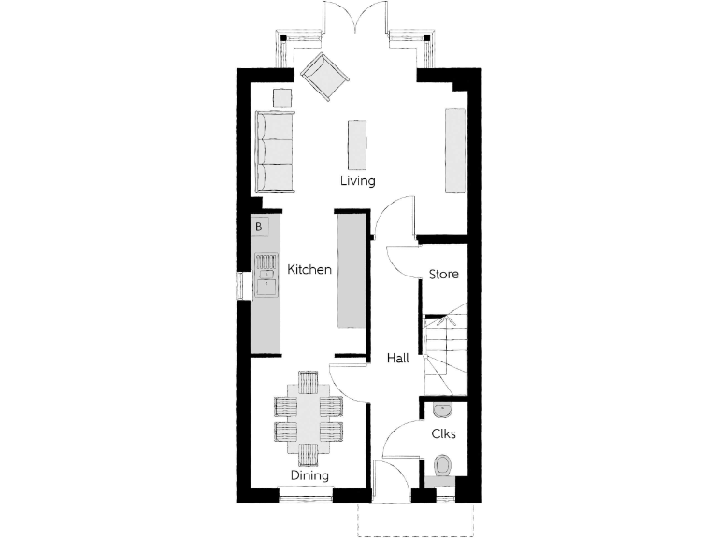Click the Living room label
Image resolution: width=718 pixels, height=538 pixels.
[358, 180]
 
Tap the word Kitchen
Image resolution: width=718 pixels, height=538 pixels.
[309, 270]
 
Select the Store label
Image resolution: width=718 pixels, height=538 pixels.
[443, 274]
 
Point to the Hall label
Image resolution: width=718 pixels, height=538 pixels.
[400, 358]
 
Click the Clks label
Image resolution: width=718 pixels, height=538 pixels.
[443, 433]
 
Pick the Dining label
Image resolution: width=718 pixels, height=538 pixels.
[309, 475]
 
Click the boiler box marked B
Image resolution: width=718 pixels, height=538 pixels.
[260, 225]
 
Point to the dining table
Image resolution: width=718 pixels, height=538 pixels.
[309, 418]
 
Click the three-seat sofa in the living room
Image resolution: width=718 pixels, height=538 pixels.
[275, 150]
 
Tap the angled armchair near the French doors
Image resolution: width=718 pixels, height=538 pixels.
[323, 76]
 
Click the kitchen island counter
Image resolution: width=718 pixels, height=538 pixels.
[352, 272]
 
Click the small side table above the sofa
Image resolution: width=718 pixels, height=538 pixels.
[281, 97]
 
